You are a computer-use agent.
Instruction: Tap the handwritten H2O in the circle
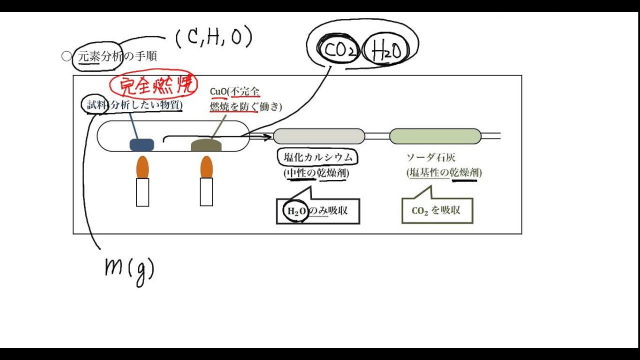pos(386,51)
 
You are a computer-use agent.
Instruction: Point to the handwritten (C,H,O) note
pos(214,37)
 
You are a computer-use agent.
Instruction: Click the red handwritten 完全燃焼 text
pos(153,85)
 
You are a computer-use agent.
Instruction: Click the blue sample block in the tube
pos(142,144)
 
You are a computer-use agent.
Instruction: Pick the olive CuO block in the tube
pos(206,145)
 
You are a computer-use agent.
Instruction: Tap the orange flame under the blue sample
pos(142,167)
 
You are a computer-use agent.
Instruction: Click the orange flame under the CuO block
pos(206,167)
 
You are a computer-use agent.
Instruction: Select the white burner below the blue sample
pos(142,192)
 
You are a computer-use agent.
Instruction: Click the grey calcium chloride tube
pos(319,136)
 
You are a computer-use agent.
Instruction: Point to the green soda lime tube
pos(435,136)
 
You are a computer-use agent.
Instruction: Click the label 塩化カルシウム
pos(318,157)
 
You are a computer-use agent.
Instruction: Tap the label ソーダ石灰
pos(430,157)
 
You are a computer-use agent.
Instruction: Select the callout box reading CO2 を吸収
pos(437,210)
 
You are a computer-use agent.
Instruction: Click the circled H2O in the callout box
pos(296,211)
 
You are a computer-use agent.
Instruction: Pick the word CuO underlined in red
pos(218,91)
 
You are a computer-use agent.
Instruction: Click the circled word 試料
pos(96,105)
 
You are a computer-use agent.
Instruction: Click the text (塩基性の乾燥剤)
pos(444,173)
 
